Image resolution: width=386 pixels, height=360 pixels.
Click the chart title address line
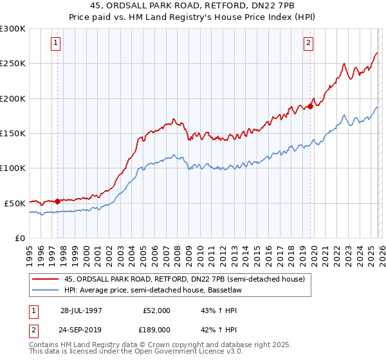click(193, 6)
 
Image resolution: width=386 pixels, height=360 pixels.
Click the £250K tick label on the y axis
click(13, 64)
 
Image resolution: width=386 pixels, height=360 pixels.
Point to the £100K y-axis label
click(13, 168)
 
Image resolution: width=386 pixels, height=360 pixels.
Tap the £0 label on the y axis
click(20, 238)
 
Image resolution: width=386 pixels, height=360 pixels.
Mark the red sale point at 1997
click(58, 201)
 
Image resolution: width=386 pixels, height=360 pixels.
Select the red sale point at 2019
click(310, 106)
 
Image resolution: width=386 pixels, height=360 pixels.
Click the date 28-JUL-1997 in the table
click(81, 310)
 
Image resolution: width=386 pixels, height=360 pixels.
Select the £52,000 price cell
click(156, 310)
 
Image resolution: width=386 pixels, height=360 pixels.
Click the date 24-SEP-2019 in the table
click(81, 328)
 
